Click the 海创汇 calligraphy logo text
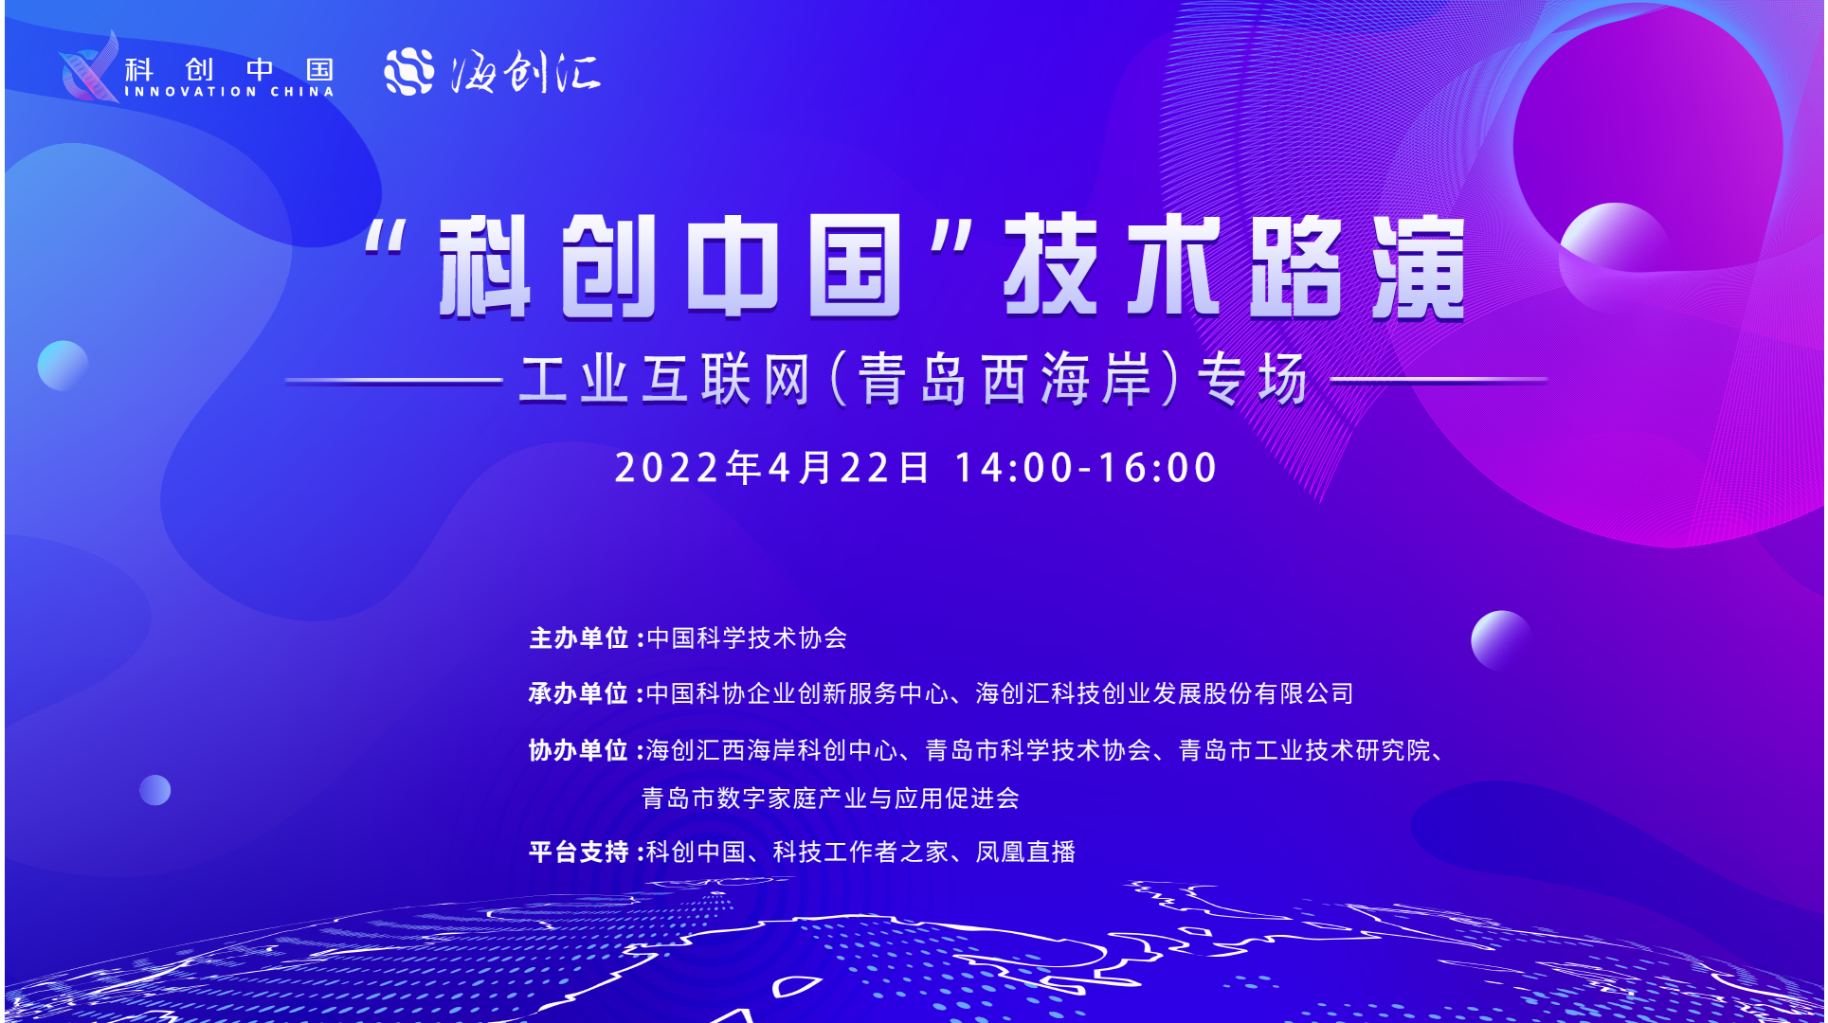click(526, 71)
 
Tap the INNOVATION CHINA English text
click(229, 92)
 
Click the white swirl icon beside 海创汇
click(408, 71)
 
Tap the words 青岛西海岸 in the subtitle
click(1005, 379)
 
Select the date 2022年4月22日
click(771, 467)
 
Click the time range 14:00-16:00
click(1086, 468)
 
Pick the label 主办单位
click(579, 638)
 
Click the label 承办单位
click(578, 693)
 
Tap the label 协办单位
click(578, 750)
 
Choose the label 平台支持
click(578, 852)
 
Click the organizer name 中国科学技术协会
click(747, 638)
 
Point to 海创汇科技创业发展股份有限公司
click(1165, 693)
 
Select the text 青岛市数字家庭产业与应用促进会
click(830, 799)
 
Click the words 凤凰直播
click(1026, 852)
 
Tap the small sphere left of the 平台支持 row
click(155, 790)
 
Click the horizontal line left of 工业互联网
click(393, 381)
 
